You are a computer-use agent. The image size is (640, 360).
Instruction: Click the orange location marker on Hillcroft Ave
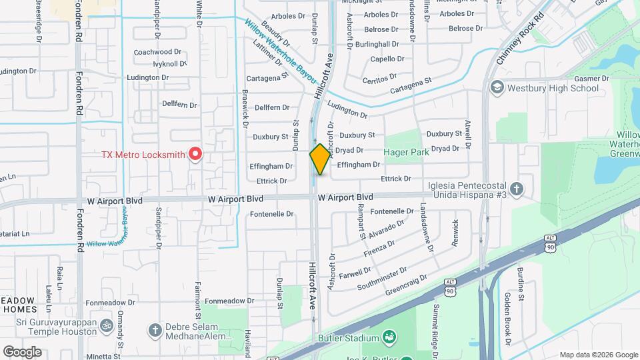pyautogui.click(x=320, y=159)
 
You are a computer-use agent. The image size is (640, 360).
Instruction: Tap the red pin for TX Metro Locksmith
pyautogui.click(x=195, y=154)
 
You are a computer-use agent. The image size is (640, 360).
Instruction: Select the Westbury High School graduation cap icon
pyautogui.click(x=497, y=88)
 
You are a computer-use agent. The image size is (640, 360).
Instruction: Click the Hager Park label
pyautogui.click(x=407, y=152)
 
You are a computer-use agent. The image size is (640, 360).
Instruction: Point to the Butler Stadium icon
pyautogui.click(x=387, y=339)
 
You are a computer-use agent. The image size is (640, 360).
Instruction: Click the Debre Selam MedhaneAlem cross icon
pyautogui.click(x=155, y=330)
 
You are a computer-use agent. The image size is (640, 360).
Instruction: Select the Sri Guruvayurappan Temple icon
pyautogui.click(x=105, y=326)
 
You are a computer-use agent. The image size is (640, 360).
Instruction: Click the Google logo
pyautogui.click(x=22, y=351)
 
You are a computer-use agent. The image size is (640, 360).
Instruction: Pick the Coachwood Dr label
pyautogui.click(x=157, y=51)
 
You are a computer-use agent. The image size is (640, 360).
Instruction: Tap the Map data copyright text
pyautogui.click(x=598, y=355)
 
